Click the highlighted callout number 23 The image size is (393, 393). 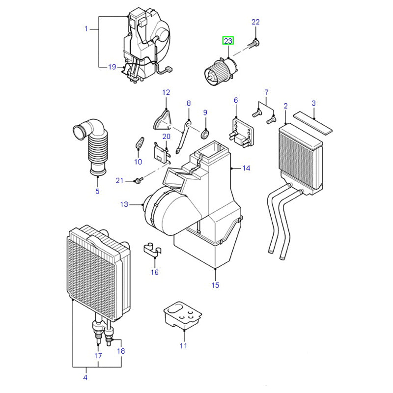(228, 41)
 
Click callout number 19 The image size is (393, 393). (112, 67)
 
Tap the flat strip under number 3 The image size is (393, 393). (312, 122)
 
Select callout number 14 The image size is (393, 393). (246, 168)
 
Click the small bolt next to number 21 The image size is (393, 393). (139, 181)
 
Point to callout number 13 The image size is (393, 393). (124, 204)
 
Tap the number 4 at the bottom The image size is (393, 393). (85, 377)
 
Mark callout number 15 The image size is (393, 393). (215, 285)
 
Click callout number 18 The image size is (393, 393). (121, 351)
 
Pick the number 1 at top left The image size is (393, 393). (86, 28)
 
